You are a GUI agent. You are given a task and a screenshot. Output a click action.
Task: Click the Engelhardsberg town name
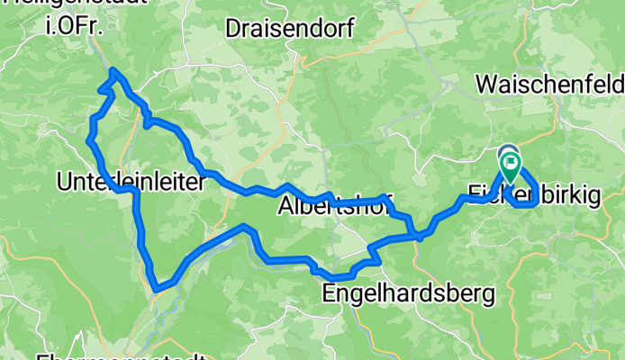(x=409, y=293)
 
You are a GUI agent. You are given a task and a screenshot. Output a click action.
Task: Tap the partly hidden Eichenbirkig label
(x=534, y=193)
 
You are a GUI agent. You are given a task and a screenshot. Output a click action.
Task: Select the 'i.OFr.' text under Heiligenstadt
(x=71, y=26)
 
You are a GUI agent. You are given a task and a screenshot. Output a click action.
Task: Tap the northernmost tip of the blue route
(x=113, y=70)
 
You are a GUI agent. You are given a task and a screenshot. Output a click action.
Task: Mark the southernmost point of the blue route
(x=157, y=290)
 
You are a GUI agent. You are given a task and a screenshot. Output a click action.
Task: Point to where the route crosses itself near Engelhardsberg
(x=419, y=236)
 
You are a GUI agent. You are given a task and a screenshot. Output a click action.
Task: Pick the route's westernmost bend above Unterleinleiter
(x=89, y=139)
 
